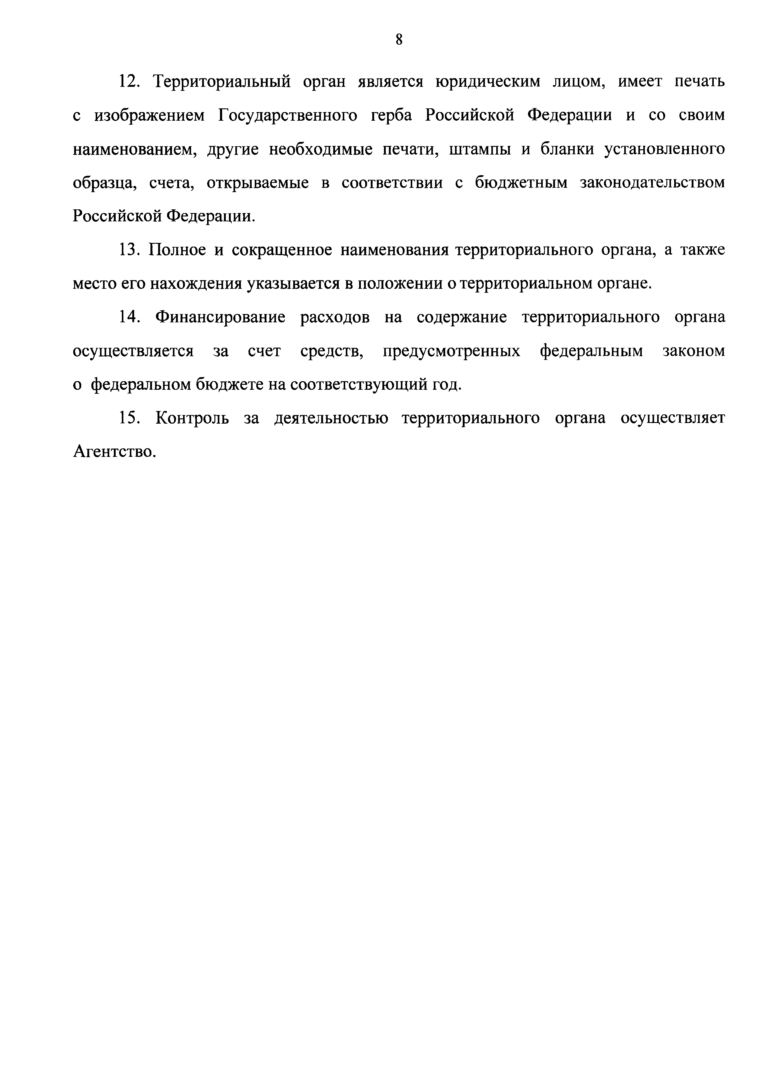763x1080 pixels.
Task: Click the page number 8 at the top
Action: [x=399, y=40]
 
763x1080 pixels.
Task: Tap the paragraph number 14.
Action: [x=128, y=317]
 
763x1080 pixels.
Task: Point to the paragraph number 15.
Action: [x=128, y=418]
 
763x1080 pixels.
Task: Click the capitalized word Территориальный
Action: [x=223, y=82]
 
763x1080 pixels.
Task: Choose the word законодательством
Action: [x=653, y=183]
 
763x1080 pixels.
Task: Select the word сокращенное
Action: [x=282, y=250]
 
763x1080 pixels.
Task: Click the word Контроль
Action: [x=192, y=418]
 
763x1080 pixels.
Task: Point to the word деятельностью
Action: [x=331, y=418]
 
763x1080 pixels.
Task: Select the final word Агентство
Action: [x=114, y=452]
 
